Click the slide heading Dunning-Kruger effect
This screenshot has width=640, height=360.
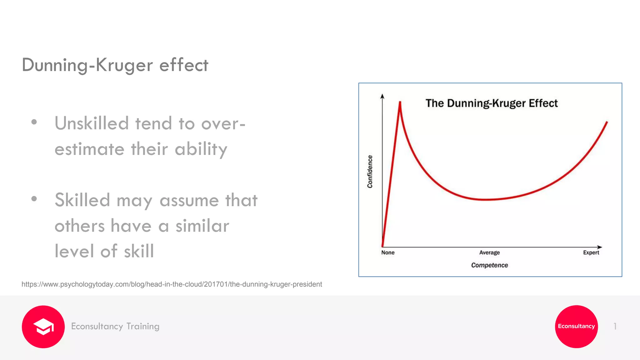pyautogui.click(x=115, y=65)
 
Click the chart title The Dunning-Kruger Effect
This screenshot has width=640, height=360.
pyautogui.click(x=491, y=103)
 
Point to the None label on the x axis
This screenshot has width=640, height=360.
pyautogui.click(x=387, y=252)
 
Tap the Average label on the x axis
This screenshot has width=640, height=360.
pyautogui.click(x=489, y=252)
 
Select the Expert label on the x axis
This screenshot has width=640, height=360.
pyautogui.click(x=591, y=252)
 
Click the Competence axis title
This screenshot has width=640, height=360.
pyautogui.click(x=489, y=265)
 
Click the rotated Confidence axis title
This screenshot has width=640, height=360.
pyautogui.click(x=370, y=172)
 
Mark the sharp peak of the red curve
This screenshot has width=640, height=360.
pyautogui.click(x=400, y=102)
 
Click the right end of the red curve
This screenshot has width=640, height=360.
pyautogui.click(x=607, y=122)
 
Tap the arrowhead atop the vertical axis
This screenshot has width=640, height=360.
pyautogui.click(x=382, y=96)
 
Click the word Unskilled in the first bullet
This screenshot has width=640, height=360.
pyautogui.click(x=92, y=123)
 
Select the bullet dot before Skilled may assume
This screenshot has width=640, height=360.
pyautogui.click(x=34, y=199)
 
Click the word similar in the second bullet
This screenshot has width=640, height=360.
pyautogui.click(x=202, y=226)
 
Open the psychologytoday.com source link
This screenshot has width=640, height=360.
pyautogui.click(x=172, y=284)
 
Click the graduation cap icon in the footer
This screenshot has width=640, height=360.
pyautogui.click(x=43, y=327)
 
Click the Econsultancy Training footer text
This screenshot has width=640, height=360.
pyautogui.click(x=115, y=326)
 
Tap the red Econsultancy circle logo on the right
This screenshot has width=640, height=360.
pyautogui.click(x=576, y=326)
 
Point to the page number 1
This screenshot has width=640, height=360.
pyautogui.click(x=615, y=326)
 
